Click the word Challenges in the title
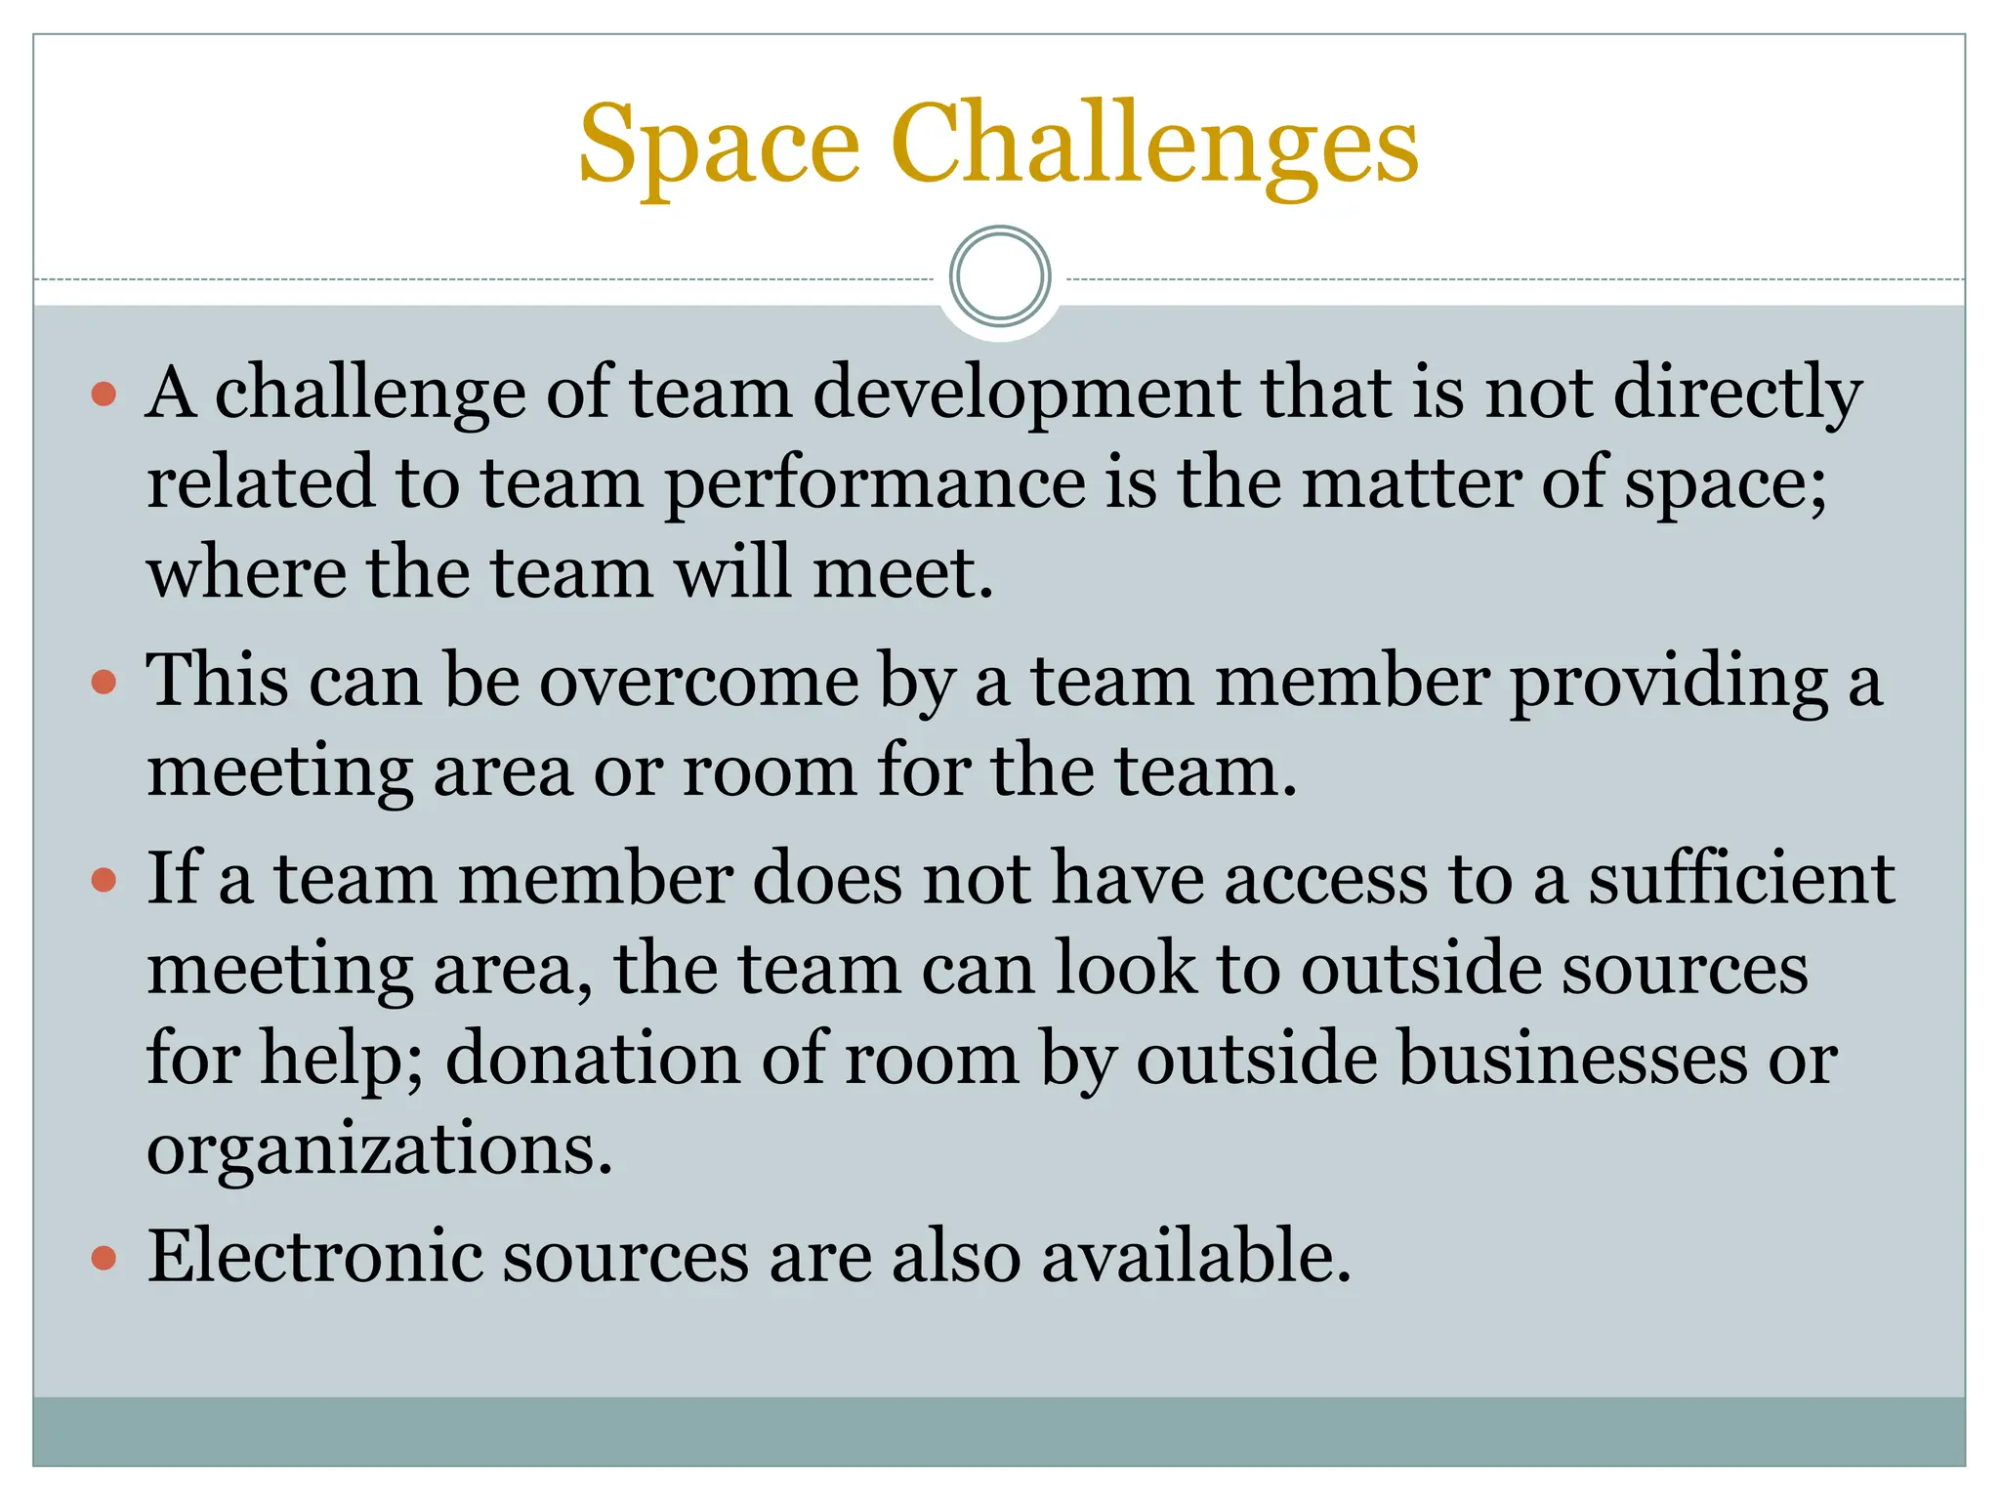tap(1154, 146)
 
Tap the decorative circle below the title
tap(1000, 276)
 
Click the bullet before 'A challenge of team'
tap(104, 396)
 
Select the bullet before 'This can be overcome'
tap(104, 682)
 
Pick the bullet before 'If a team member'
tap(104, 881)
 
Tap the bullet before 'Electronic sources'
tap(104, 1258)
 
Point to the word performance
tap(875, 485)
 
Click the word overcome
tap(699, 682)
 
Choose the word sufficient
tap(1742, 879)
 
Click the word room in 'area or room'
tap(769, 773)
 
